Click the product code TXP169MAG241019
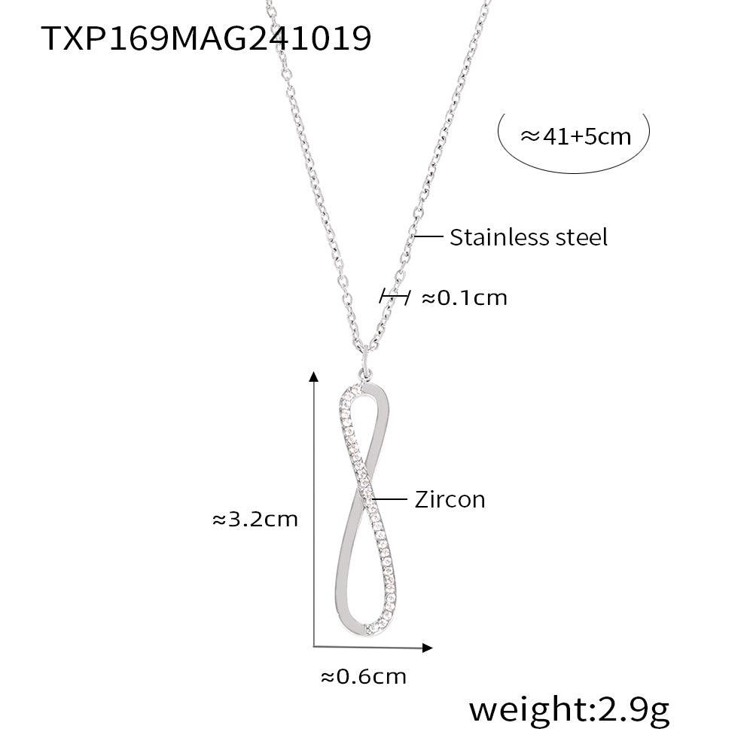[x=206, y=38]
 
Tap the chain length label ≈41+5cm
[x=575, y=136]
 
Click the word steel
[x=581, y=237]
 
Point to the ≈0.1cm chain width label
[x=465, y=297]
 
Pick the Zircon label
[x=450, y=499]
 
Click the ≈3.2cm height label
[x=255, y=519]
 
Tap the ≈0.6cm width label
[x=364, y=677]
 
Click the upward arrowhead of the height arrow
[x=313, y=376]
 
